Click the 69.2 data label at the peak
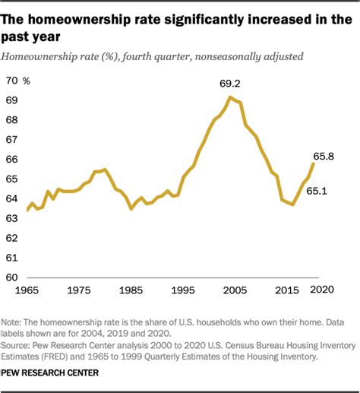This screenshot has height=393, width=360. point(231,82)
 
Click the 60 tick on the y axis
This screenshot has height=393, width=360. point(12,277)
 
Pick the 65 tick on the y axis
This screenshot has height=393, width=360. point(12,179)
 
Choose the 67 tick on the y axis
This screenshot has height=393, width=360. point(12,139)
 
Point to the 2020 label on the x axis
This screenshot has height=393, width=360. point(321,290)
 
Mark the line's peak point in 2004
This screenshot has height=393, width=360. point(230,97)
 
